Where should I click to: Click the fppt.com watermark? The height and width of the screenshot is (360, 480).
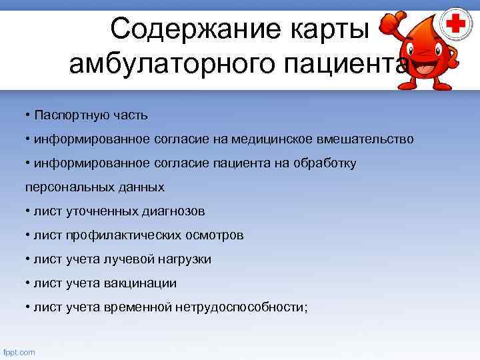(19, 352)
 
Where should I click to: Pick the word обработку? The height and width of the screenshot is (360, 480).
(324, 163)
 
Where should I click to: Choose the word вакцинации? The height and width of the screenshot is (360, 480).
(140, 283)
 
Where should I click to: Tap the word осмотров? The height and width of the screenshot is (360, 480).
(217, 235)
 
